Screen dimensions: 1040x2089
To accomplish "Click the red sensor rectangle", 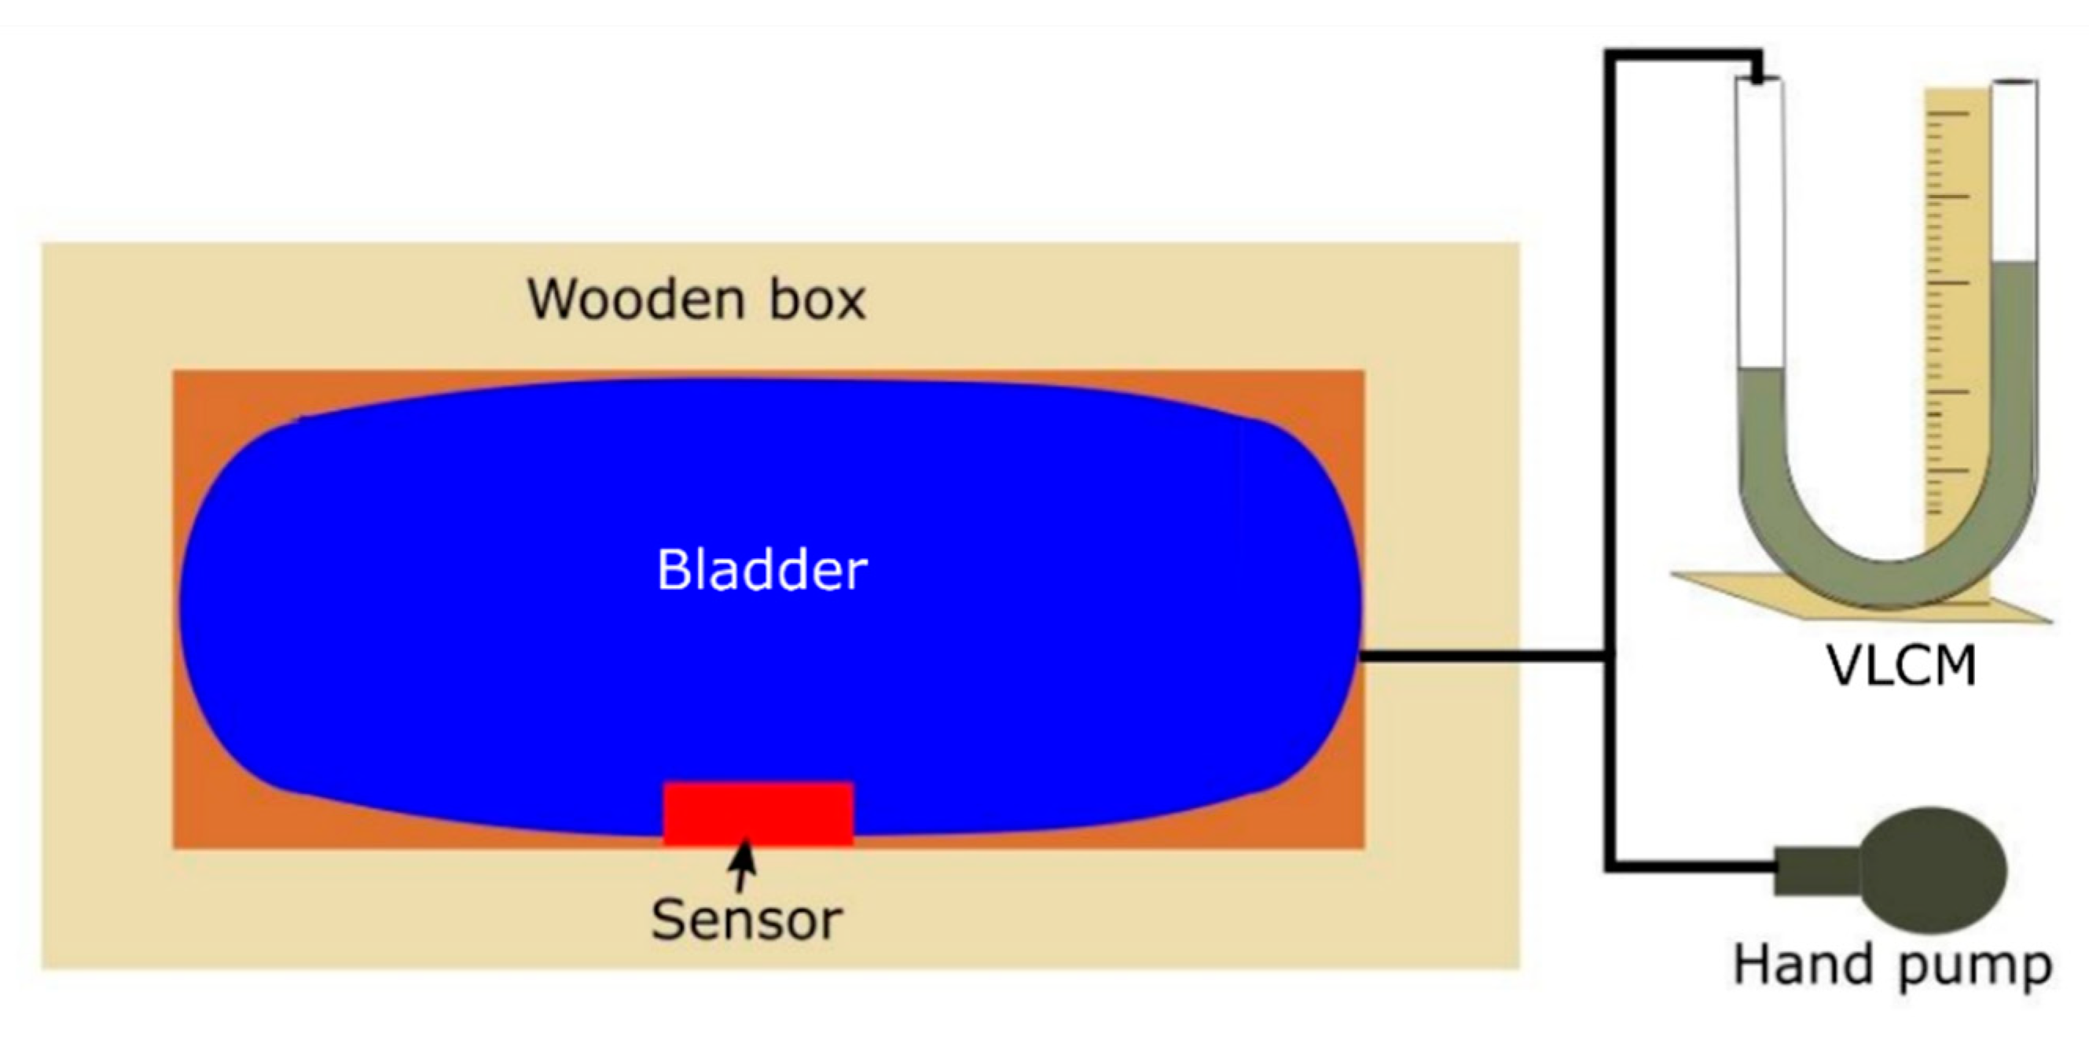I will [x=758, y=814].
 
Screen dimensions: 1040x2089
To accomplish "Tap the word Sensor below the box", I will [x=746, y=920].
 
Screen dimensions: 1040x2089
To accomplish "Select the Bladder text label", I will [x=762, y=570].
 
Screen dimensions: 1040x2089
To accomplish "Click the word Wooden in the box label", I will [x=636, y=300].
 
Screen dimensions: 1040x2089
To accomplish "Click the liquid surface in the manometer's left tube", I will [x=1761, y=371].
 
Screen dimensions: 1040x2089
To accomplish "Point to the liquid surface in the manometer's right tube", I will [x=2014, y=263].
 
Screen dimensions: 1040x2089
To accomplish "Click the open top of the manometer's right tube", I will [x=2014, y=83].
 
